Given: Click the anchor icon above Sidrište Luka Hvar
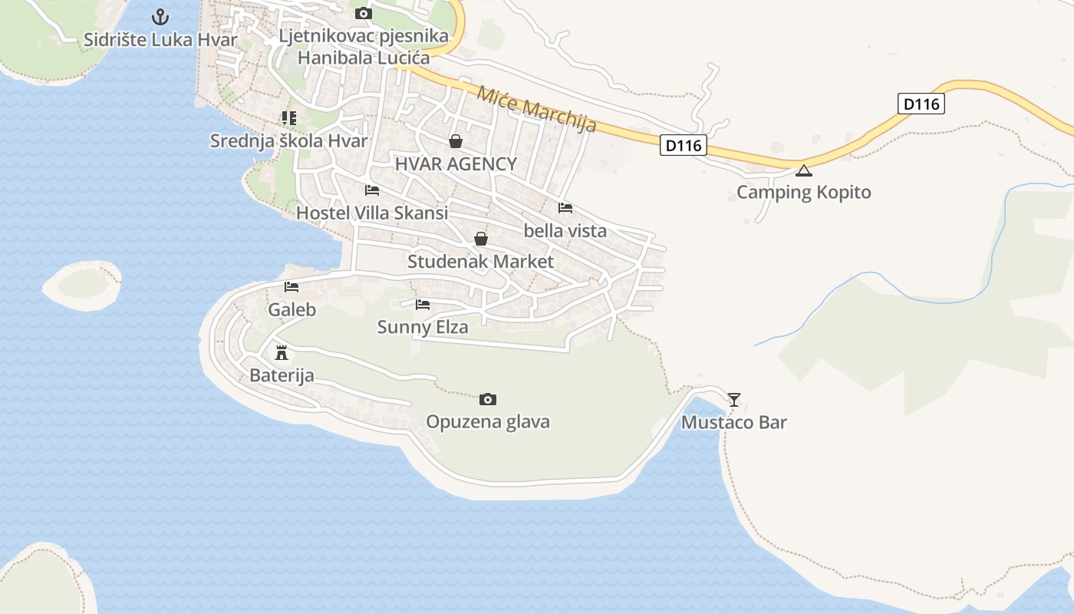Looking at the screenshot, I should tap(160, 16).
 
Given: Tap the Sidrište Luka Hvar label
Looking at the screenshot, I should tap(160, 40).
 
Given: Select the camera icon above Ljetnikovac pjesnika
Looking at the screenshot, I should tap(364, 14).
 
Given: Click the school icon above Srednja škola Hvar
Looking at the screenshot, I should tap(288, 118).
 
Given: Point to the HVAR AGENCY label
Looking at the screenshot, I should tap(456, 163).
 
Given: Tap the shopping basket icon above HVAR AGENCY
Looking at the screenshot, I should tap(456, 141).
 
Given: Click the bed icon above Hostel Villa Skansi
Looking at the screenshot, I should tap(372, 190).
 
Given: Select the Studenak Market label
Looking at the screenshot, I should tap(480, 262).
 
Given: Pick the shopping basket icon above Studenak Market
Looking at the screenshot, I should tap(481, 239).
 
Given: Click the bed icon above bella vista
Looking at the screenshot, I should tap(565, 208).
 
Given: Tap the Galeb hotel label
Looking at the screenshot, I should tap(292, 310).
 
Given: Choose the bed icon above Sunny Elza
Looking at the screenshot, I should tap(423, 305).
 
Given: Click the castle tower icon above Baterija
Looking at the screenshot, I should tap(282, 353).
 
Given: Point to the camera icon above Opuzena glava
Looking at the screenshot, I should tap(488, 400).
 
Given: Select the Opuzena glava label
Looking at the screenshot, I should tap(488, 422).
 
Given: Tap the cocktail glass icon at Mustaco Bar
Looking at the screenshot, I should tap(734, 400).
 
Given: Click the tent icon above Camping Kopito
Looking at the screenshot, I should tap(803, 170).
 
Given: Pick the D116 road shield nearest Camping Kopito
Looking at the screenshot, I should tap(683, 145).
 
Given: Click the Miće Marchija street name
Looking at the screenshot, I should tap(536, 109).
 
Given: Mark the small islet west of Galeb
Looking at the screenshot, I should tap(82, 285).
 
